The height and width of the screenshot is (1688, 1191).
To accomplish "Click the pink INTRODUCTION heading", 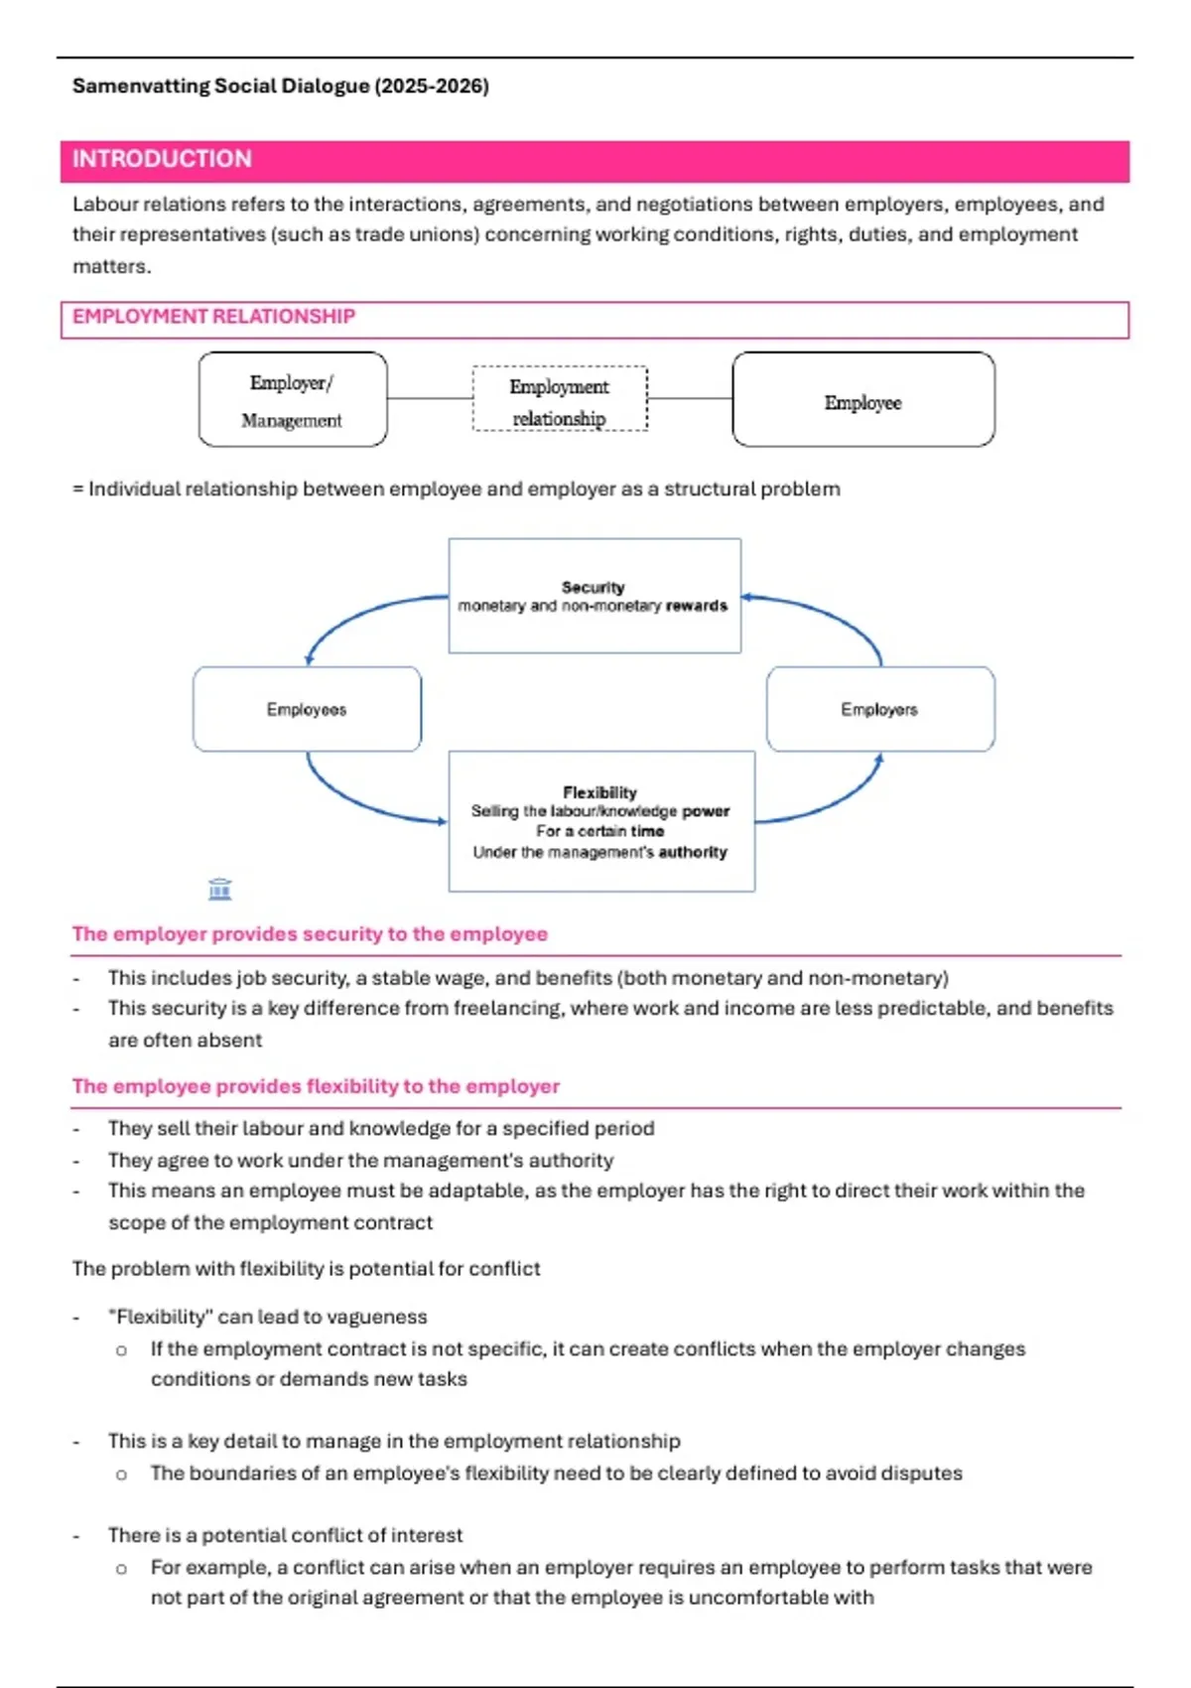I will tap(162, 159).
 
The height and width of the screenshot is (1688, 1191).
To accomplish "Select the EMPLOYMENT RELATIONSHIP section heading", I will tap(213, 317).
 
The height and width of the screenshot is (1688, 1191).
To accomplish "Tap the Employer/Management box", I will tap(292, 399).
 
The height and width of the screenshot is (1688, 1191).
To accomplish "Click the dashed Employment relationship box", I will tap(560, 399).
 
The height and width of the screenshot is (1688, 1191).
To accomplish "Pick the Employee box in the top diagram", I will tap(862, 399).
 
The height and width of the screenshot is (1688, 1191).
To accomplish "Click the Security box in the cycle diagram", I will tap(594, 596).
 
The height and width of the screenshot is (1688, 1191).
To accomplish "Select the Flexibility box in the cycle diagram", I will tap(600, 821).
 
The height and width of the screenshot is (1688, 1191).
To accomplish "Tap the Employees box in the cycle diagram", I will tap(307, 709).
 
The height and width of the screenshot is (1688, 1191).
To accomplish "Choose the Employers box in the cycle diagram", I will tap(879, 709).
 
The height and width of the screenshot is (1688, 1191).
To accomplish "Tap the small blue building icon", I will tap(220, 889).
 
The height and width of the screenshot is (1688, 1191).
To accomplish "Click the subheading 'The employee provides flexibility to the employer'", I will tap(316, 1086).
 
